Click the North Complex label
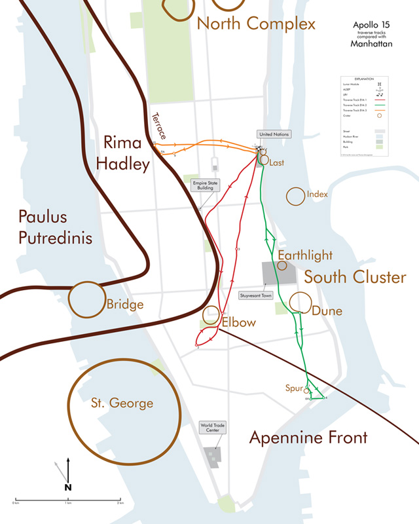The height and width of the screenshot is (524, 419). (x=256, y=24)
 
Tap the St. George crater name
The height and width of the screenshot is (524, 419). (x=122, y=403)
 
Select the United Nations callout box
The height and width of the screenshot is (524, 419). (x=274, y=134)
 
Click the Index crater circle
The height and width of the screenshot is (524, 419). (x=295, y=195)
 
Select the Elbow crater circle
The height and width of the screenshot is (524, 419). (x=212, y=315)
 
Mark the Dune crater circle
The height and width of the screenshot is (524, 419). (x=300, y=301)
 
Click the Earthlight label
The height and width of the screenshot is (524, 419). (x=305, y=255)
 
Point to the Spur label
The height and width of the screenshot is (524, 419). (x=294, y=388)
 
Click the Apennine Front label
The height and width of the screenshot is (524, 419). (x=308, y=438)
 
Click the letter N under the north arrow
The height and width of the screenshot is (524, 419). (x=68, y=487)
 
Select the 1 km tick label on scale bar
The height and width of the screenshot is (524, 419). (x=68, y=504)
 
